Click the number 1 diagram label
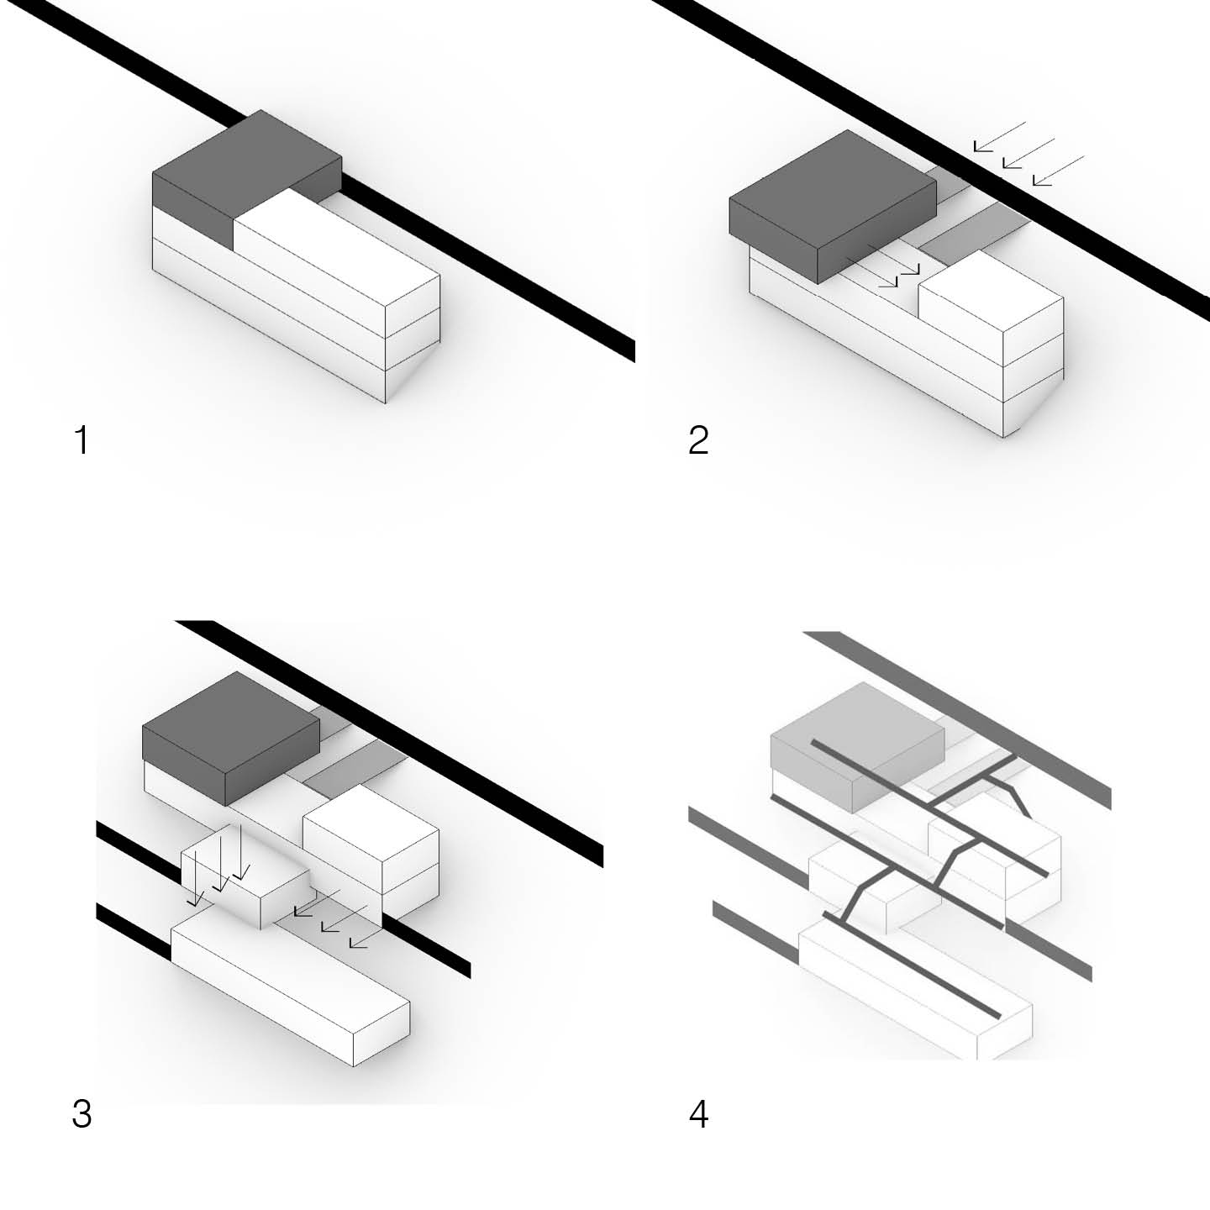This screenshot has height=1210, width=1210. coord(82,439)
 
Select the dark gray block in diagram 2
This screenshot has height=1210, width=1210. coord(832,208)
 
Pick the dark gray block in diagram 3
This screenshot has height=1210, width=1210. coord(231,738)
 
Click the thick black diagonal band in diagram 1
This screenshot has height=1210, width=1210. coord(327,182)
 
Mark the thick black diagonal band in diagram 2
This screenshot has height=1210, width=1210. coord(929,157)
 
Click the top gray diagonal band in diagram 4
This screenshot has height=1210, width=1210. coord(958,720)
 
